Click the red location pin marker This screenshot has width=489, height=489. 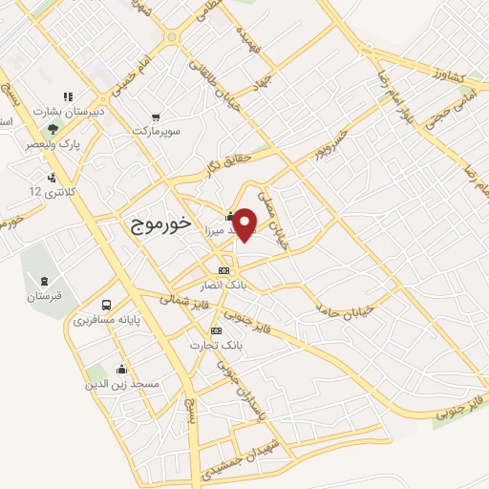tap(245, 224)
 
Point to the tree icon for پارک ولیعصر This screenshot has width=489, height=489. tap(54, 127)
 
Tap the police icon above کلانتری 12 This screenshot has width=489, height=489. tap(51, 178)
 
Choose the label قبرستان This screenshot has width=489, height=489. tap(44, 295)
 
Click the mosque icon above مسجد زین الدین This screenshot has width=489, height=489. tap(121, 369)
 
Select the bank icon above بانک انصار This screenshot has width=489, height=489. tap(223, 270)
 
